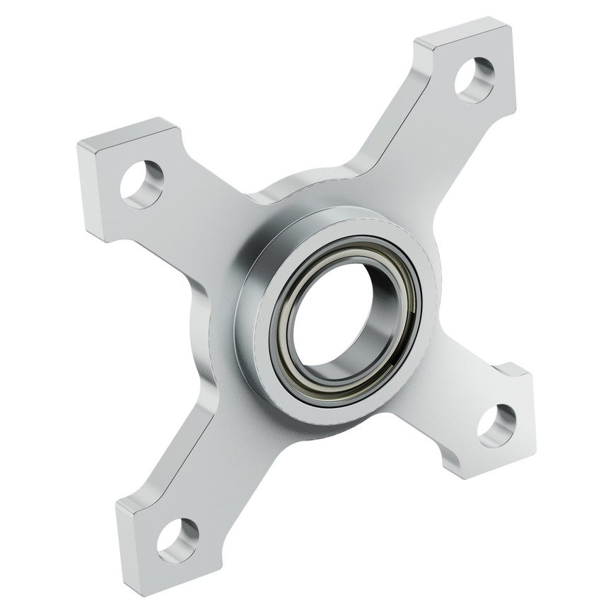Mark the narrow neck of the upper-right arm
click(x=392, y=152)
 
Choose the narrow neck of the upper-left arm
click(x=205, y=212)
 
